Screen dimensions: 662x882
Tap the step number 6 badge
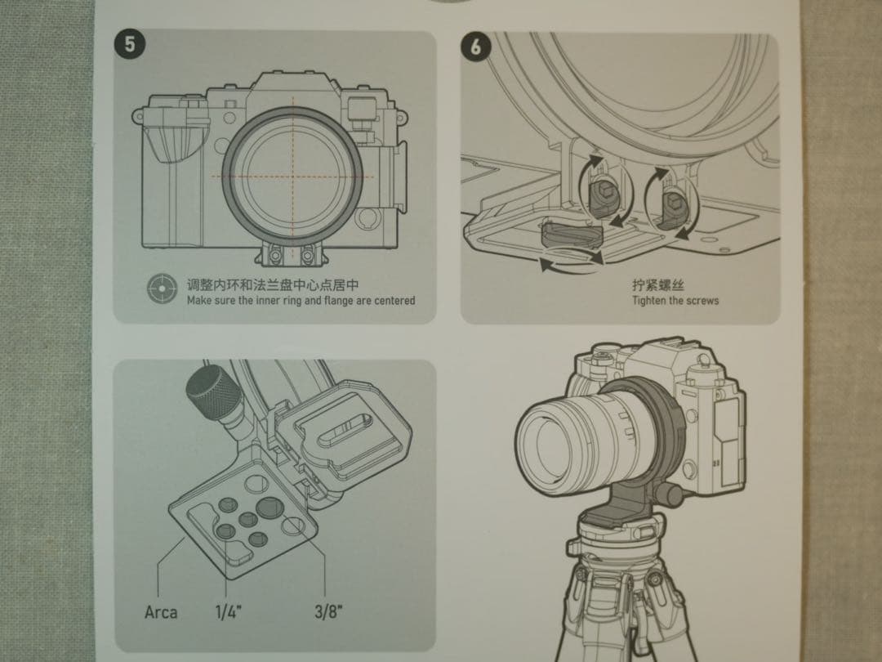click(x=476, y=47)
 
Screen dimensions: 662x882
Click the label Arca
click(x=161, y=611)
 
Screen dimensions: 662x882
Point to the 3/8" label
click(x=328, y=611)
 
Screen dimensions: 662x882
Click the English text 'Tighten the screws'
click(x=675, y=301)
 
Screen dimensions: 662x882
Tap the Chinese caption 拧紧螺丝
click(x=657, y=285)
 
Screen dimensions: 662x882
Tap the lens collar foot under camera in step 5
click(x=290, y=253)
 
